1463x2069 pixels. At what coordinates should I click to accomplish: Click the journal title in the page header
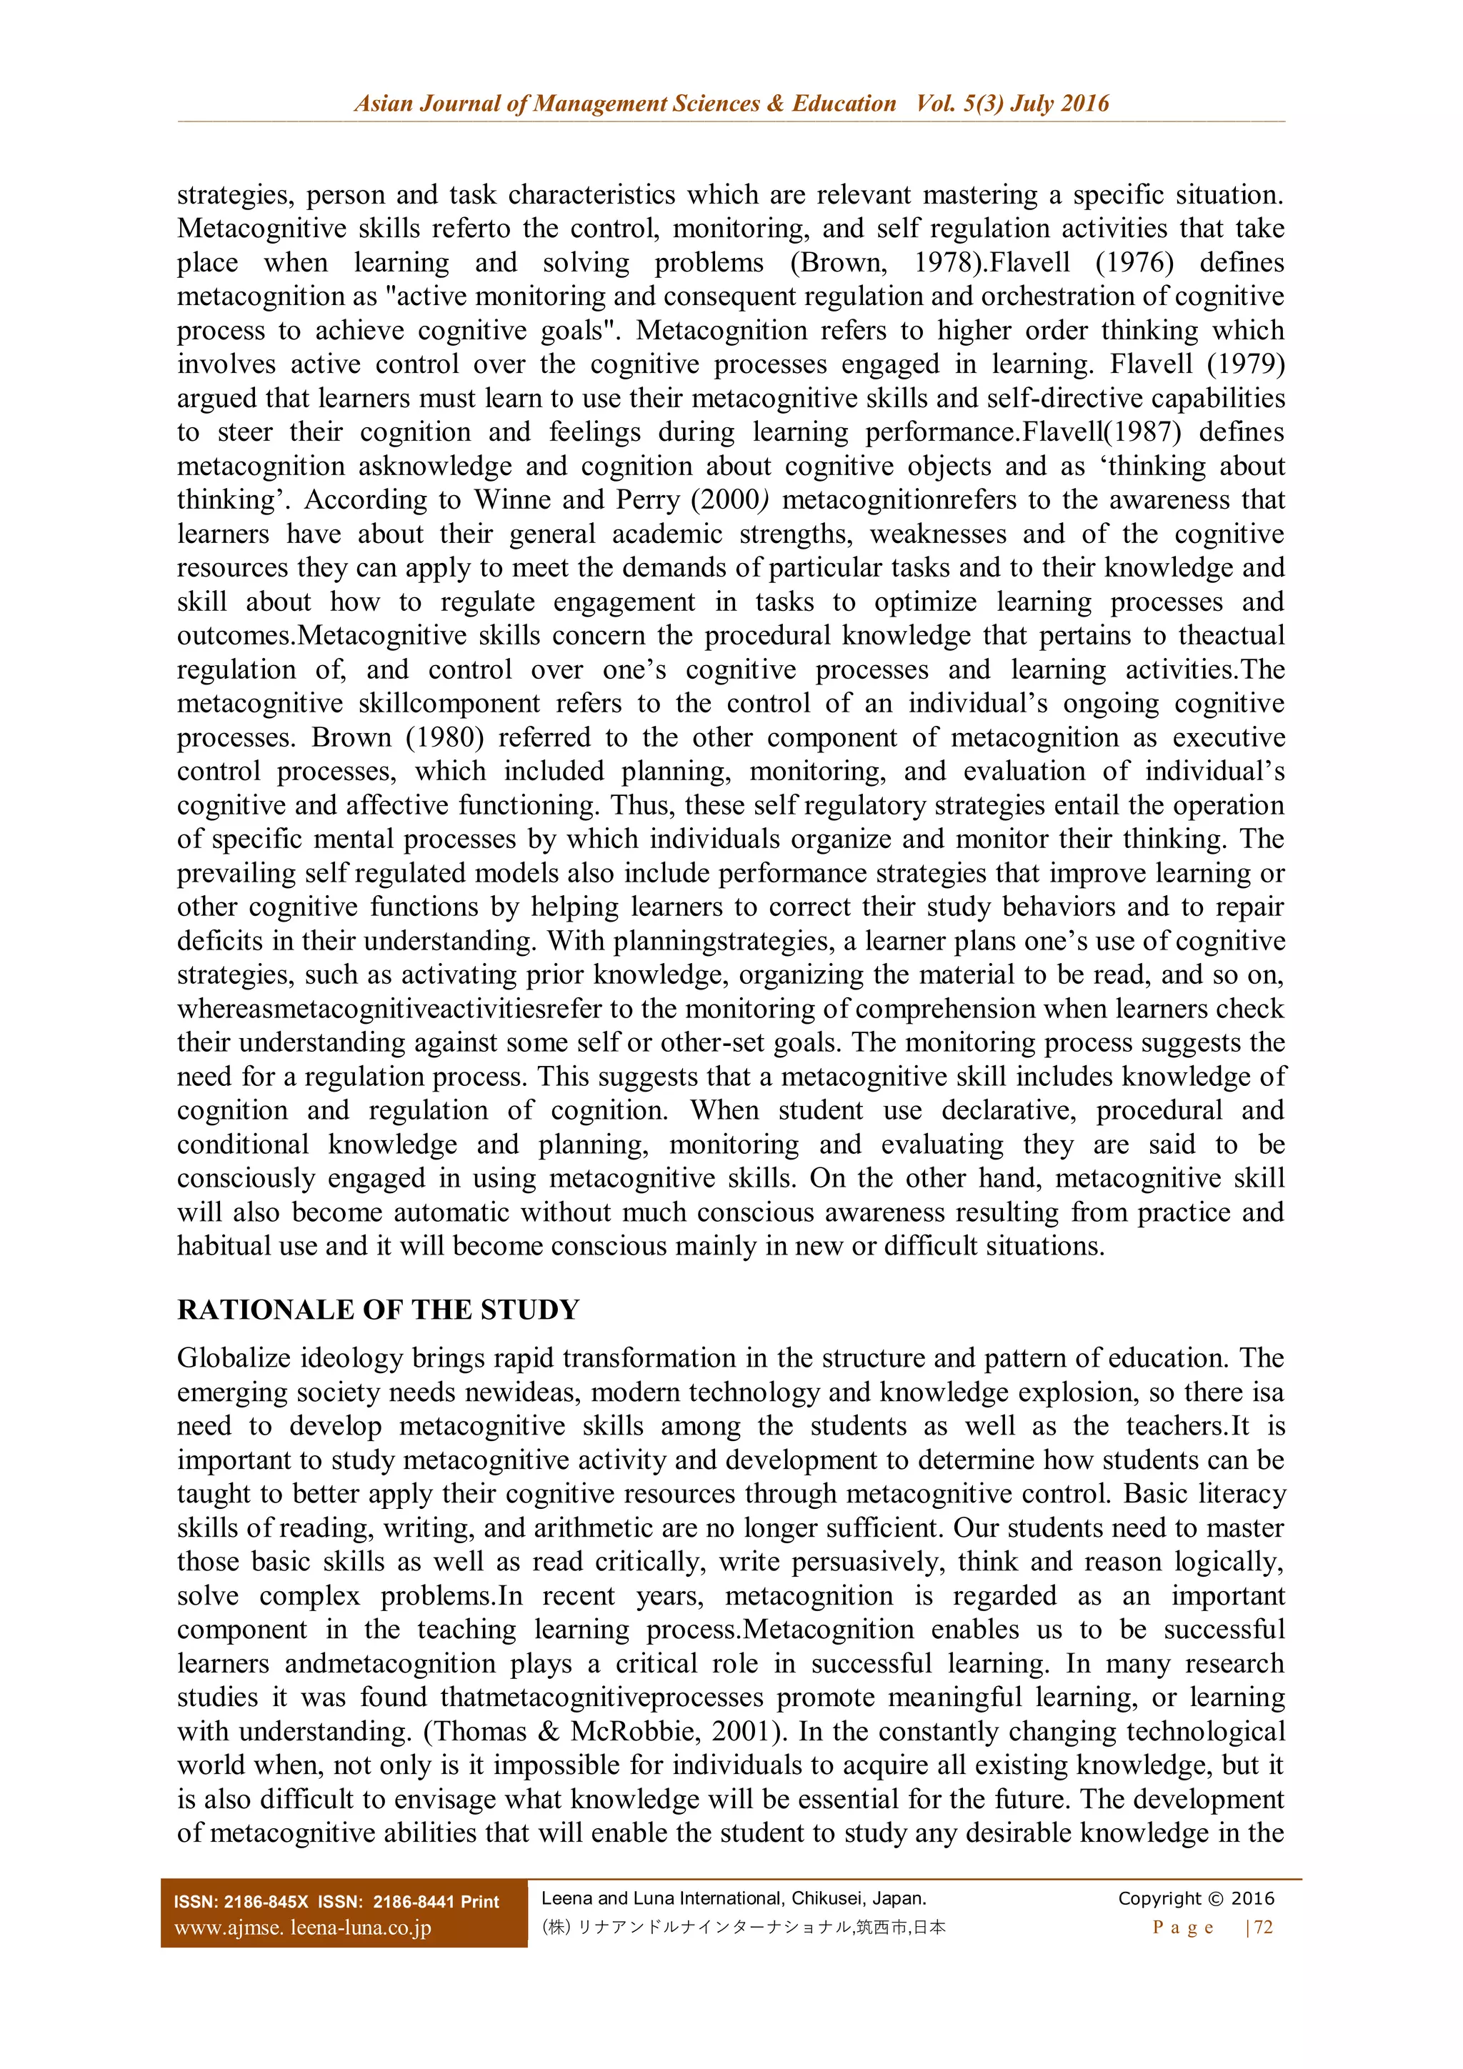tap(624, 104)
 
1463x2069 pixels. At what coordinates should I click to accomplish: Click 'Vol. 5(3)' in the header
tap(959, 104)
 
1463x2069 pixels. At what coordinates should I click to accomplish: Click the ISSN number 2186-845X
tap(266, 1903)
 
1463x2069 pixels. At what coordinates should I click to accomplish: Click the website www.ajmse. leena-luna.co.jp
tap(303, 1928)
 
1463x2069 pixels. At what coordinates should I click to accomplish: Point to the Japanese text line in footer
tap(743, 1928)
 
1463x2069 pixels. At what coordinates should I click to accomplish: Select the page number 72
tap(1263, 1928)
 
